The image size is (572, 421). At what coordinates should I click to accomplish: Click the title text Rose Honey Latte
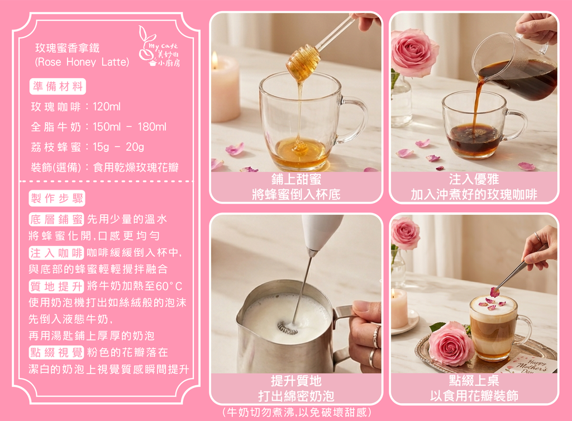pos(82,62)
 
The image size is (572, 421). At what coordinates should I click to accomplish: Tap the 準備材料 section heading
pos(58,86)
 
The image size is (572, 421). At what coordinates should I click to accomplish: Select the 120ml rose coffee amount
pos(106,107)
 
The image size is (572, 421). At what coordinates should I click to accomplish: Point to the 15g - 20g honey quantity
pos(118,147)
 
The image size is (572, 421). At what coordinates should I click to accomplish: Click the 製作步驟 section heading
pos(57,198)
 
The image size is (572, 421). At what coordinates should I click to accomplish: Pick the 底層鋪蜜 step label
pos(56,219)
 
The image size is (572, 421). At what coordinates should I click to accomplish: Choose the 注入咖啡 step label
pos(56,253)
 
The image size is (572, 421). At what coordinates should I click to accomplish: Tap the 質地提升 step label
pos(56,286)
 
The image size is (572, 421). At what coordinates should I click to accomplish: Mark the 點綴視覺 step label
pos(56,353)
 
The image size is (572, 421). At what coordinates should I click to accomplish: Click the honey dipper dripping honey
pos(303,62)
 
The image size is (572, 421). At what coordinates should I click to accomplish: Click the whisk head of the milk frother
pos(288,327)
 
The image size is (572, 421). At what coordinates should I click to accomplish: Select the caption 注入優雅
pos(474,179)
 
